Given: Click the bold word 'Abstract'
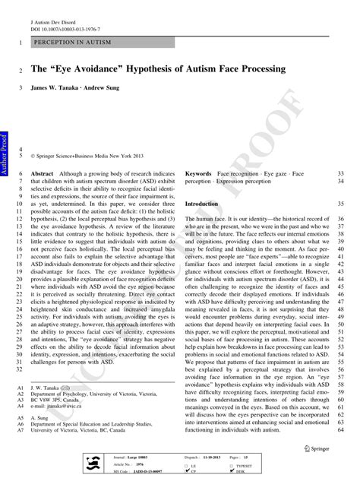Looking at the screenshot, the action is pyautogui.click(x=42, y=175).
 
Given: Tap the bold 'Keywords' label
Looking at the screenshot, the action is pyautogui.click(x=199, y=175).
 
